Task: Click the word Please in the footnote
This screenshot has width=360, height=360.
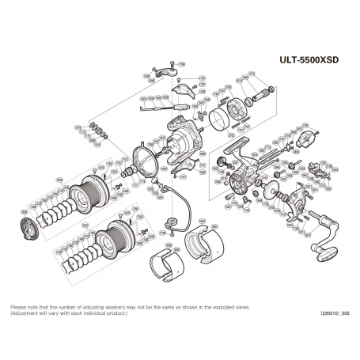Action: point(17,307)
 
